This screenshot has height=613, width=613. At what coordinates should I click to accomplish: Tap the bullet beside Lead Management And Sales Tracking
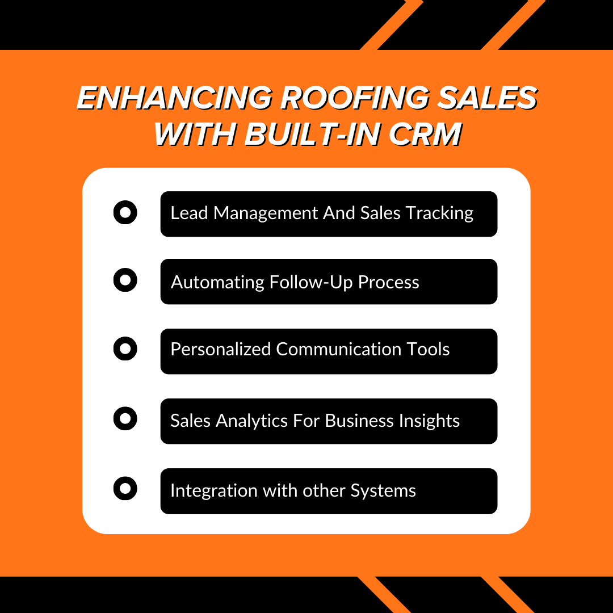point(125,213)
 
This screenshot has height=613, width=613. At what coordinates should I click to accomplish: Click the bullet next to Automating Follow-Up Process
point(125,280)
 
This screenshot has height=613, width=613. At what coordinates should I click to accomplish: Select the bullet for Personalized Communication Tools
point(125,349)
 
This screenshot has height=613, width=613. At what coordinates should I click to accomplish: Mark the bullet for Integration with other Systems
point(125,489)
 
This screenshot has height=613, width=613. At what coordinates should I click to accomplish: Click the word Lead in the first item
point(190,213)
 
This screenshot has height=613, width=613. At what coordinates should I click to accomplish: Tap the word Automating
point(217,283)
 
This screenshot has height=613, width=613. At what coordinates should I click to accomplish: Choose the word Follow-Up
point(312,283)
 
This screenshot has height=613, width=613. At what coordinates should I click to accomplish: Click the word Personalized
point(221,349)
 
